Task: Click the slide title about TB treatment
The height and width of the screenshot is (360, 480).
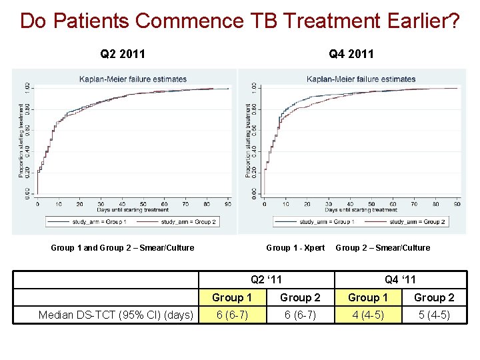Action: tap(240, 21)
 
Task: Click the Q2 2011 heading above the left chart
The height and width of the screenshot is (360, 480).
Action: tap(123, 53)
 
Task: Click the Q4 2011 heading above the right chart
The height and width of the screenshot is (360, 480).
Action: tap(351, 53)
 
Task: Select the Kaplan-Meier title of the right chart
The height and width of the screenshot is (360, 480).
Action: tap(361, 79)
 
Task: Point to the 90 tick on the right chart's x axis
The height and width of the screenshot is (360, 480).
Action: tap(457, 205)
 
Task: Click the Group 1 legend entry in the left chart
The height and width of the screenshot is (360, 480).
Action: tap(89, 221)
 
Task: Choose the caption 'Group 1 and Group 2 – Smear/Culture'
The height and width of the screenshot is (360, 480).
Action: tap(123, 248)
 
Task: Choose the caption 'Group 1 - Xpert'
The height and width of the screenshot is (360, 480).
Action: tap(295, 248)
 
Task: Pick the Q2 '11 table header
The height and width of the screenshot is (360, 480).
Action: tap(267, 280)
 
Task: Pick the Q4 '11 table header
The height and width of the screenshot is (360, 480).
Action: tap(400, 280)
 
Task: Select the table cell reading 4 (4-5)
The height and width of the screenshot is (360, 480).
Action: tap(367, 315)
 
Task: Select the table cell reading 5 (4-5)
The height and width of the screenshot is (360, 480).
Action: tap(434, 315)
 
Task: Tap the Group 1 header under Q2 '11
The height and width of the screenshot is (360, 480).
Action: tap(232, 297)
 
